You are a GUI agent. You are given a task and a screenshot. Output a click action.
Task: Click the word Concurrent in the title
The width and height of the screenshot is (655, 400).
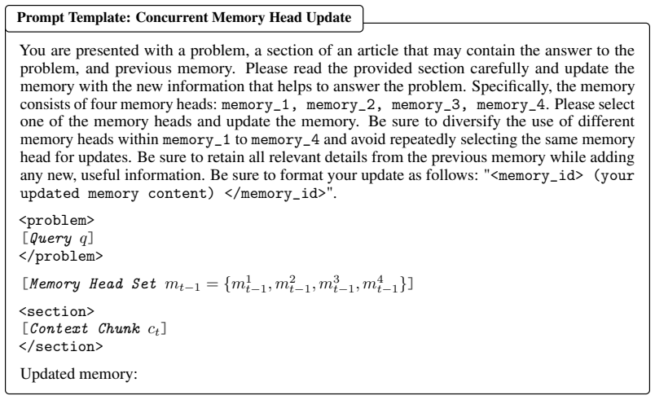tap(172, 18)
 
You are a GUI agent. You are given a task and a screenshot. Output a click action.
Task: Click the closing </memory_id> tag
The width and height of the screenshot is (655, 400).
tap(275, 194)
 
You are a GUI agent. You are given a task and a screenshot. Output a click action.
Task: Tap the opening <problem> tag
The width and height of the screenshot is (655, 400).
tap(57, 221)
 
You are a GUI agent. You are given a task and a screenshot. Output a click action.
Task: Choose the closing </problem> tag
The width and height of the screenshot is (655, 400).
tap(61, 256)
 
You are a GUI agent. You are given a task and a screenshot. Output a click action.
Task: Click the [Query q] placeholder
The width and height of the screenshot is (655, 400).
tap(58, 239)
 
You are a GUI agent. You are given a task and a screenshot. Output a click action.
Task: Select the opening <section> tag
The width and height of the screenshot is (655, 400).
tap(57, 311)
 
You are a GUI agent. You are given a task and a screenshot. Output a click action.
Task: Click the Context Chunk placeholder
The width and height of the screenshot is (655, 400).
tap(94, 329)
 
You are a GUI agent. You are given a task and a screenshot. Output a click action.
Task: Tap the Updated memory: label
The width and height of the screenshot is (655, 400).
tap(79, 374)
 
